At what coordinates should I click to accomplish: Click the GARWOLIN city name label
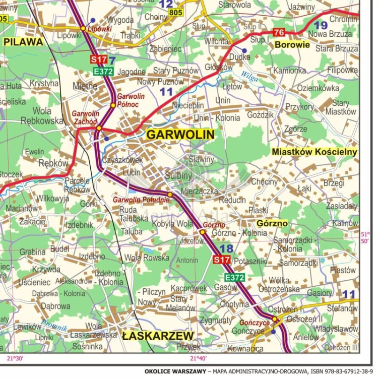coord(180,135)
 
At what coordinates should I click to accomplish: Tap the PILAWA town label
coord(23,42)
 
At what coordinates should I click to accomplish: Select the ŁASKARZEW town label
coord(157,336)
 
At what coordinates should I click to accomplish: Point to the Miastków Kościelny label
coord(314,152)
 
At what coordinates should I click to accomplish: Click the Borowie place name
coord(292,44)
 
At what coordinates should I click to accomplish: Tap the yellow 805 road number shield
coord(176,12)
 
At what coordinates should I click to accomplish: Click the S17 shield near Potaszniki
coord(221,260)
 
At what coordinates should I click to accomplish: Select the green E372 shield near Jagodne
coord(103,72)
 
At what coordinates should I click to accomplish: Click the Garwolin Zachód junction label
coord(85,117)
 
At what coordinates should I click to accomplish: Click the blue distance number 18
coord(226,248)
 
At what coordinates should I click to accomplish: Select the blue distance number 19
coord(320,25)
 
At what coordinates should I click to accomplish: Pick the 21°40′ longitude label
coord(198,358)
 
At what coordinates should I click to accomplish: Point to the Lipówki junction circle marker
coord(83,28)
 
